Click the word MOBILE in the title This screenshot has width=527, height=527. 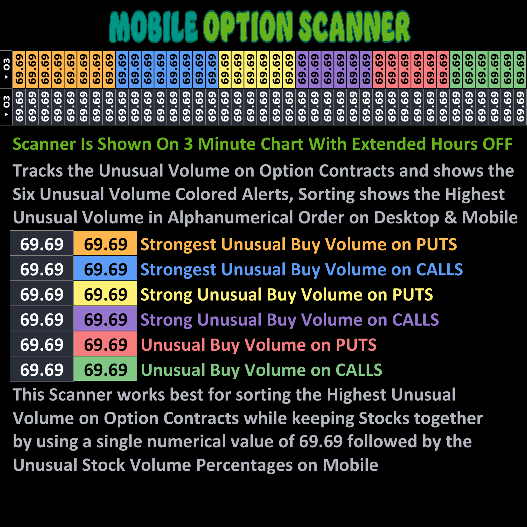tap(153, 27)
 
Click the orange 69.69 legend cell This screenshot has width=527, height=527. tap(106, 243)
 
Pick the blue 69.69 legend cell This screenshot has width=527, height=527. tap(106, 268)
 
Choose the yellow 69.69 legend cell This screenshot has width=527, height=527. tap(106, 293)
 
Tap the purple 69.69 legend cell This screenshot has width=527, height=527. tap(106, 318)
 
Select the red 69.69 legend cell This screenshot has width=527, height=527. tap(106, 343)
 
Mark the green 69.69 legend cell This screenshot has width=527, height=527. tap(106, 369)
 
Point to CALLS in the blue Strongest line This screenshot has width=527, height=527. tap(440, 269)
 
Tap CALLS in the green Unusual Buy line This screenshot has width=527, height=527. tap(359, 370)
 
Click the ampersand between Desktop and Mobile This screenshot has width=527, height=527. tap(450, 218)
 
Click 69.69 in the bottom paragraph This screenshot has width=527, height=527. tap(321, 441)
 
